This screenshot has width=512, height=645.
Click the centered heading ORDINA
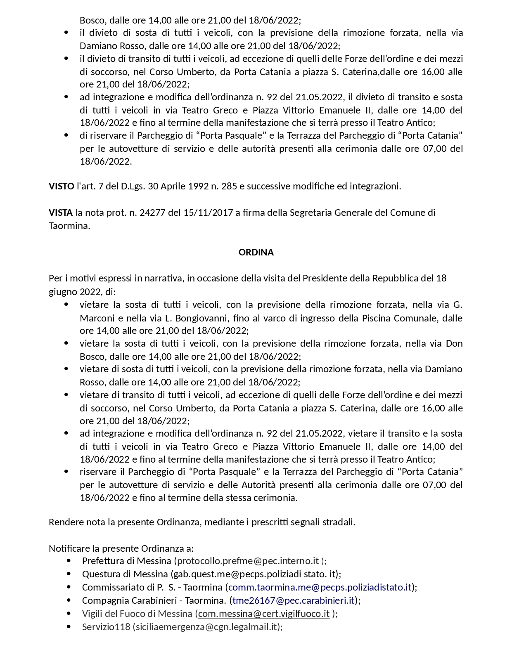[x=256, y=252]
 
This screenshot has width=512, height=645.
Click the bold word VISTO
[x=62, y=186]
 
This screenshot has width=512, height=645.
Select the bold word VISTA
[x=61, y=213]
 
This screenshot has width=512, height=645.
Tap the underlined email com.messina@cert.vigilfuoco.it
[x=264, y=613]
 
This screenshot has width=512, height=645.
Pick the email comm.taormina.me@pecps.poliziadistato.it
[x=320, y=587]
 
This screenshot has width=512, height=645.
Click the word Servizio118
[x=106, y=626]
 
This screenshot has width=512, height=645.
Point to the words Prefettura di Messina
[x=126, y=561]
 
